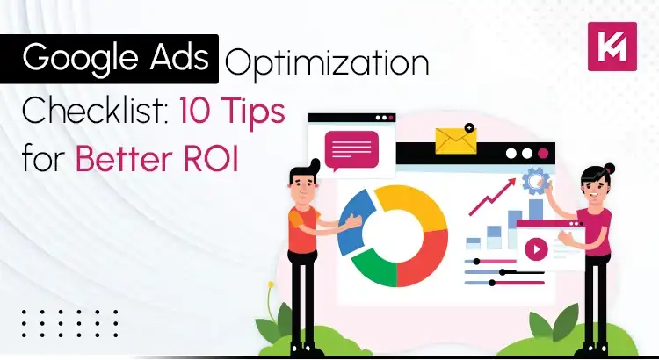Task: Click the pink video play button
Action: coord(534,248)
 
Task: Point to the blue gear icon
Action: coord(534,183)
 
